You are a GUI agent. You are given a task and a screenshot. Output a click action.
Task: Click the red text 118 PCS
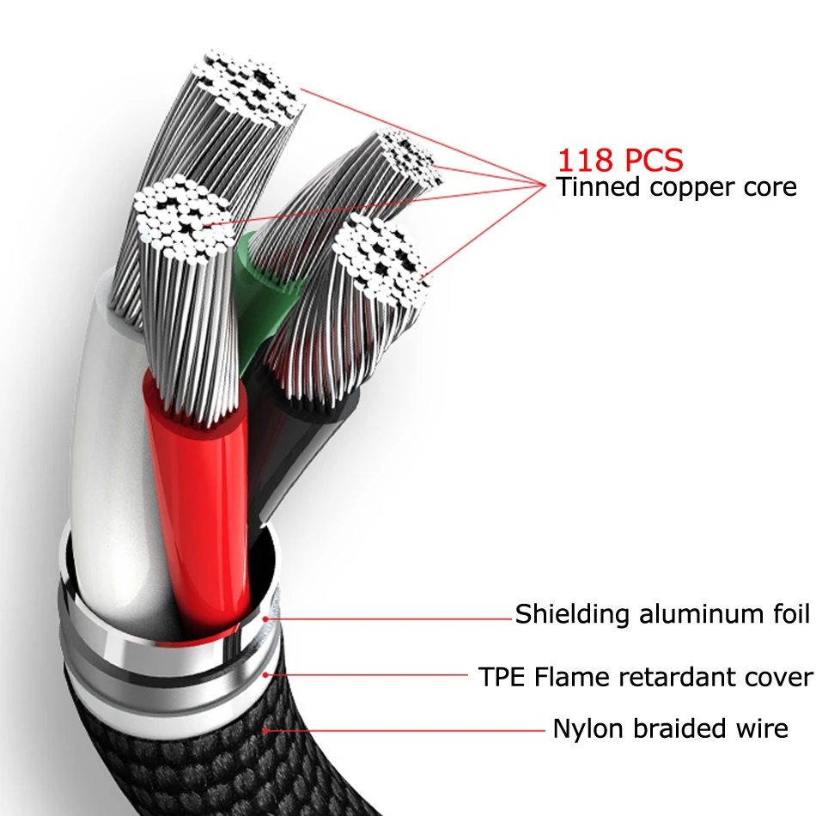pos(620,160)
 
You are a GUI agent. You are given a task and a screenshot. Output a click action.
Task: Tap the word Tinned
pos(598,186)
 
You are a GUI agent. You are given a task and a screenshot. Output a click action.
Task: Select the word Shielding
pos(572,614)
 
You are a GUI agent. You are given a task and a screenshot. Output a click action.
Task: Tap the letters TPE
pos(501,677)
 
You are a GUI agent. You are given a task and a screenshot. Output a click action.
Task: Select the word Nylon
pos(588,729)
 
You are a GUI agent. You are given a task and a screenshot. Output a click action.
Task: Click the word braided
pos(679,728)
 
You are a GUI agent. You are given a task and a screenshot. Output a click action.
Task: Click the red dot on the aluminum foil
pos(265,618)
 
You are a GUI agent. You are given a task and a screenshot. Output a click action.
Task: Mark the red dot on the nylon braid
pos(265,731)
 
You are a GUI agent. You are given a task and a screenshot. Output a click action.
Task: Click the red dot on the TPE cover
pos(265,675)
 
